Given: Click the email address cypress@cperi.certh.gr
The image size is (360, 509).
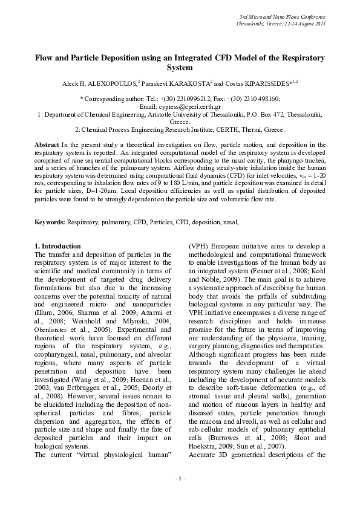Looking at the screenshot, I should click(x=194, y=105).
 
